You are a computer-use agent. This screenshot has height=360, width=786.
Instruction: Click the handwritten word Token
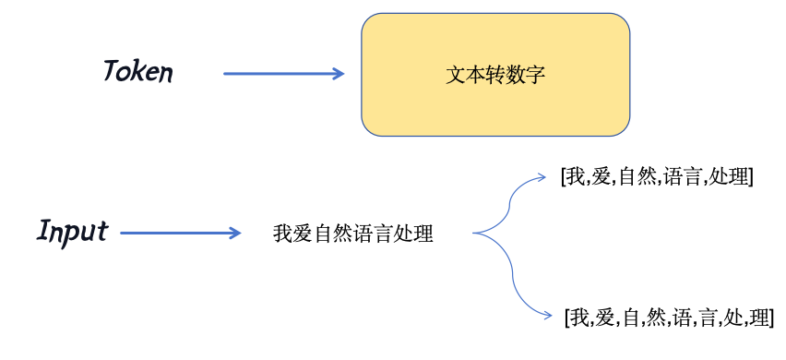(137, 72)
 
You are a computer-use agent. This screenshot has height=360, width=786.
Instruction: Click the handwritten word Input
(73, 232)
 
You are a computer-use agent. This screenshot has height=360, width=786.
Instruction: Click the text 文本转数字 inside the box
(495, 74)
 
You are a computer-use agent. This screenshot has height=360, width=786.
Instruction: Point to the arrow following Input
(180, 234)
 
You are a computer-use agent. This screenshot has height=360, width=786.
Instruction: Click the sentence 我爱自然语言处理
(353, 234)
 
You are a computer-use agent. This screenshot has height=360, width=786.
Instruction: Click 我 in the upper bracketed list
(578, 175)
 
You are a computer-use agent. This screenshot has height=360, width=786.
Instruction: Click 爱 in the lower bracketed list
(605, 318)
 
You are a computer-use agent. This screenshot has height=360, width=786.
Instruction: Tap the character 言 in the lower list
(708, 318)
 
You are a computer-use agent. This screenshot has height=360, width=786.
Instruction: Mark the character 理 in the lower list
(759, 318)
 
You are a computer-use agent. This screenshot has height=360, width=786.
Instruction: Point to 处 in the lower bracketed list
(733, 318)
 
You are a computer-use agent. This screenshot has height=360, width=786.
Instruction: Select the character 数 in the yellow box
(516, 74)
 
